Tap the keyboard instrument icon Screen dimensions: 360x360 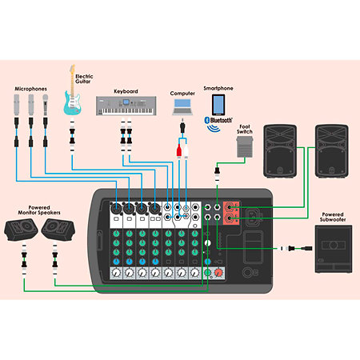point(126,106)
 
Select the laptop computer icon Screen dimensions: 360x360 point(182,107)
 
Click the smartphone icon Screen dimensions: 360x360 point(218,105)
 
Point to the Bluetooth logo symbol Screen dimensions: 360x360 point(207,120)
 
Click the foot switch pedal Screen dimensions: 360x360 point(245,146)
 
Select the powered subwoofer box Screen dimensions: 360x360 point(334,249)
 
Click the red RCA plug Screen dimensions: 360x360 point(179,151)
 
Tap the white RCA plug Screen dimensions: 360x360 point(186,151)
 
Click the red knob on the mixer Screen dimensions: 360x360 point(218,273)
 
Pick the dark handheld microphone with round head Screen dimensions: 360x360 point(46,105)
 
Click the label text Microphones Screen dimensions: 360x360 point(30,89)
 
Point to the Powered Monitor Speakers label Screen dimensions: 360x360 point(39,210)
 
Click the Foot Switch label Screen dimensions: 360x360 point(245,129)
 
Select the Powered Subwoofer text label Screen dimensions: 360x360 point(333,217)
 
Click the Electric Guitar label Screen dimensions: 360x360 point(84,79)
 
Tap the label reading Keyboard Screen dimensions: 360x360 point(126,91)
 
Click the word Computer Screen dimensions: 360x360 point(182,94)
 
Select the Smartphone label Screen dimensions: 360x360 point(218,88)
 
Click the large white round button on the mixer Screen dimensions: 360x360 point(208,243)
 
